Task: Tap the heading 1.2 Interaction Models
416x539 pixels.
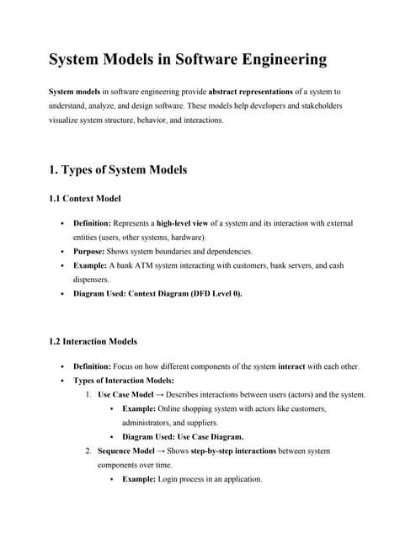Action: point(94,342)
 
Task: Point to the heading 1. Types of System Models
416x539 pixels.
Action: point(118,169)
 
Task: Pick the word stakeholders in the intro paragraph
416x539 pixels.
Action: point(309,105)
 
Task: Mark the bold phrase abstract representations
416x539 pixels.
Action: point(259,90)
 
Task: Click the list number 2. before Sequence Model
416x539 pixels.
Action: point(88,451)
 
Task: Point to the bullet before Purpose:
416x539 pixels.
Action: point(64,252)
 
